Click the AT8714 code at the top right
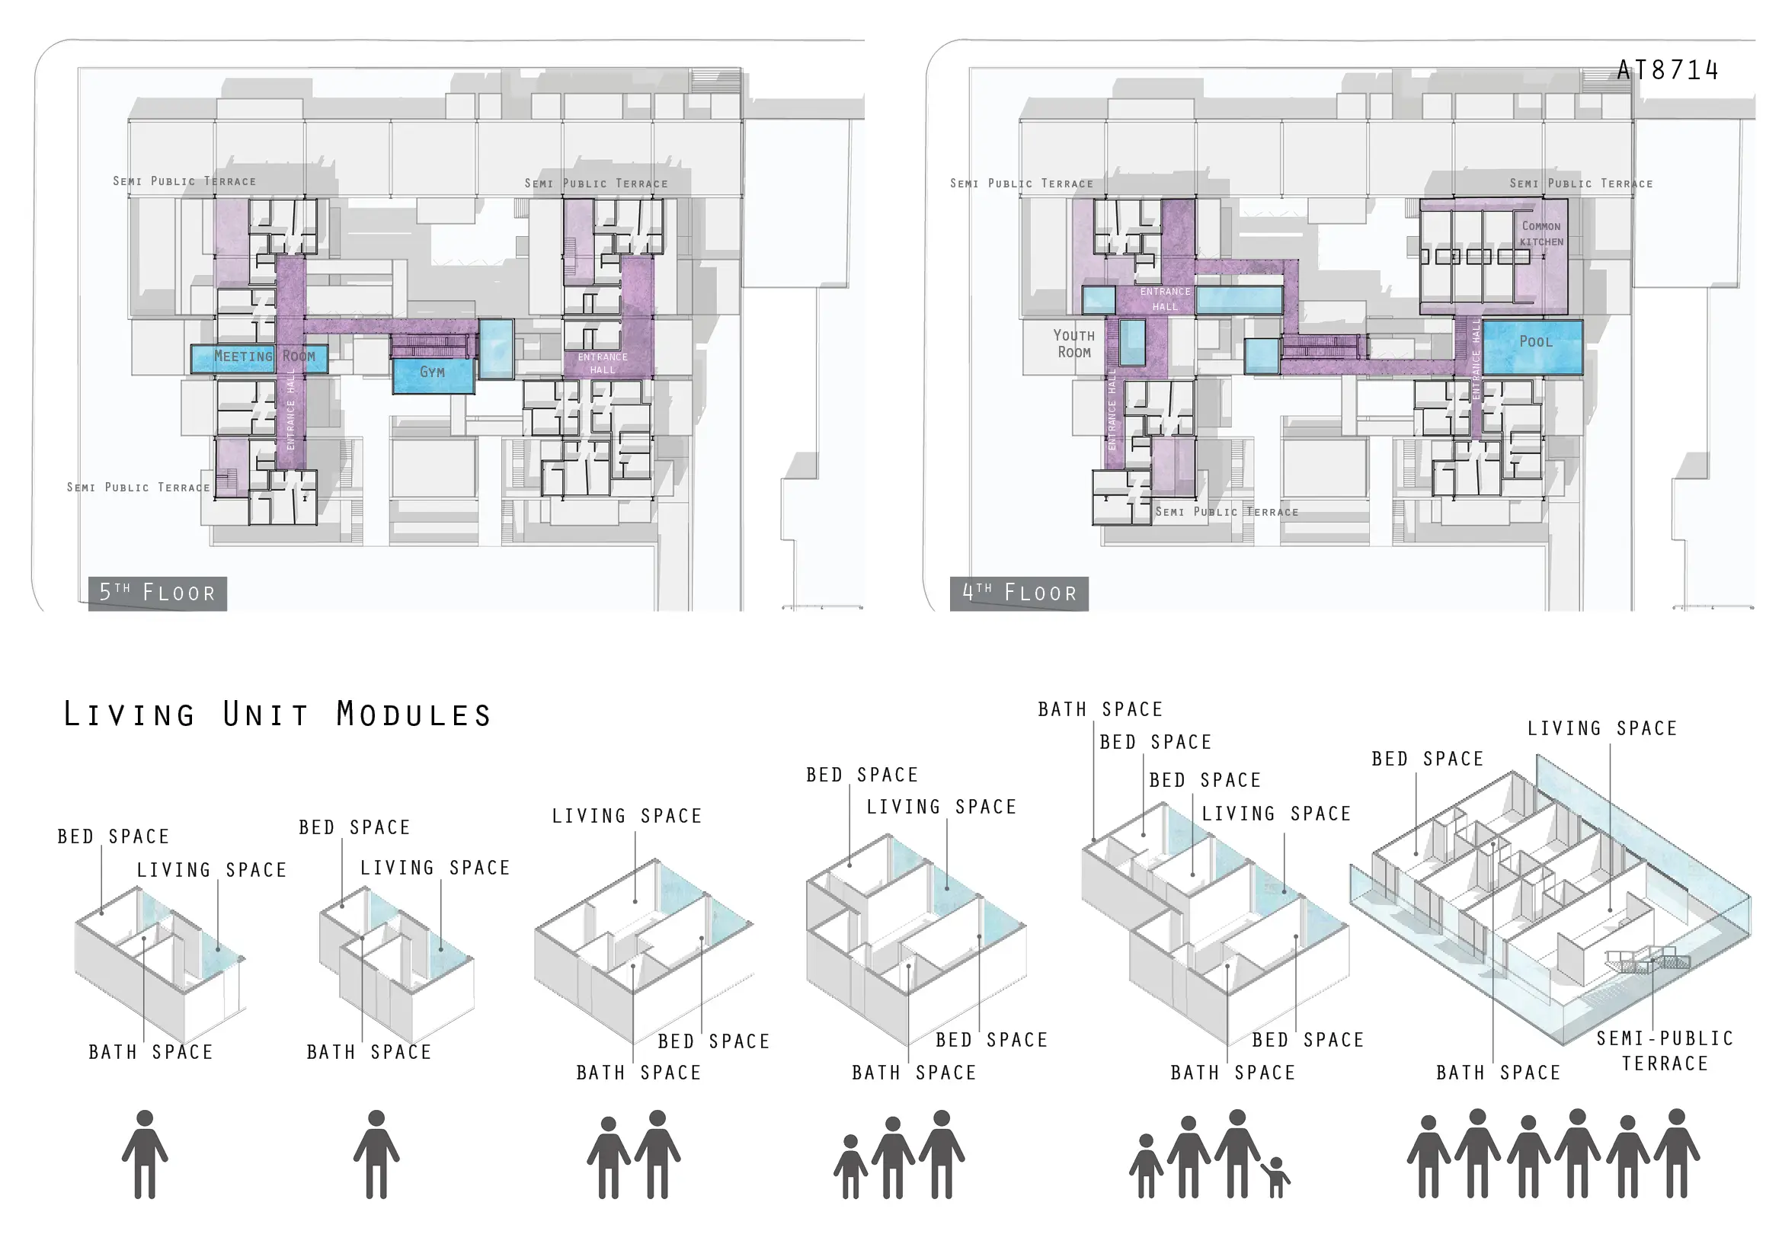tap(1668, 71)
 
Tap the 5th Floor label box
tap(158, 593)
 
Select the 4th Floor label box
tap(1019, 593)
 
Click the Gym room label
tap(432, 373)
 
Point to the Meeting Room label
tap(264, 356)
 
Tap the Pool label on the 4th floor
tap(1536, 341)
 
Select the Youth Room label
tap(1074, 344)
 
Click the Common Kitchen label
tap(1541, 234)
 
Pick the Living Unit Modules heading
tap(277, 714)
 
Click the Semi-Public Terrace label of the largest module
tap(1665, 1051)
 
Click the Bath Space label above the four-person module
tap(1100, 709)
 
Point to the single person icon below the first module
tap(146, 1154)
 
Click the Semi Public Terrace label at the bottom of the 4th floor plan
tap(1227, 512)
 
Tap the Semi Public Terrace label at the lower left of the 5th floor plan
tap(138, 488)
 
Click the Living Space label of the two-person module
tap(627, 816)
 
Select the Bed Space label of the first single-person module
tap(114, 836)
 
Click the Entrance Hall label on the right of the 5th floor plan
tap(603, 363)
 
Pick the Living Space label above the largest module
tap(1602, 728)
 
